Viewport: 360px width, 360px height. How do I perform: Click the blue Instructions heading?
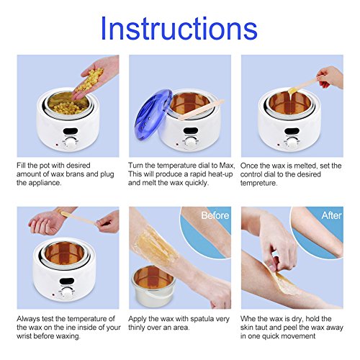pos(179,28)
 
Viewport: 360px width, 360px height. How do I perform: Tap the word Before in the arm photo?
pos(215,215)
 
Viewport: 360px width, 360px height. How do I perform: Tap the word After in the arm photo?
pos(331,215)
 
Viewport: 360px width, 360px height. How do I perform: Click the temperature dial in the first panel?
pos(71,143)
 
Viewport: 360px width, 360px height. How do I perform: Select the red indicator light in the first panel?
pos(57,145)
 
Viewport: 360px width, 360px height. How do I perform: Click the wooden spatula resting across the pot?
pos(201,109)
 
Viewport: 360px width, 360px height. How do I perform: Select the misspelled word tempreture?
pos(258,183)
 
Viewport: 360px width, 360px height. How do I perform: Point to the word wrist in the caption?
pos(25,336)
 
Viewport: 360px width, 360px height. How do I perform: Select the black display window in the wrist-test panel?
pos(66,281)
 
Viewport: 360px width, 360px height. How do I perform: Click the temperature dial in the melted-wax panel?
pos(292,143)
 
